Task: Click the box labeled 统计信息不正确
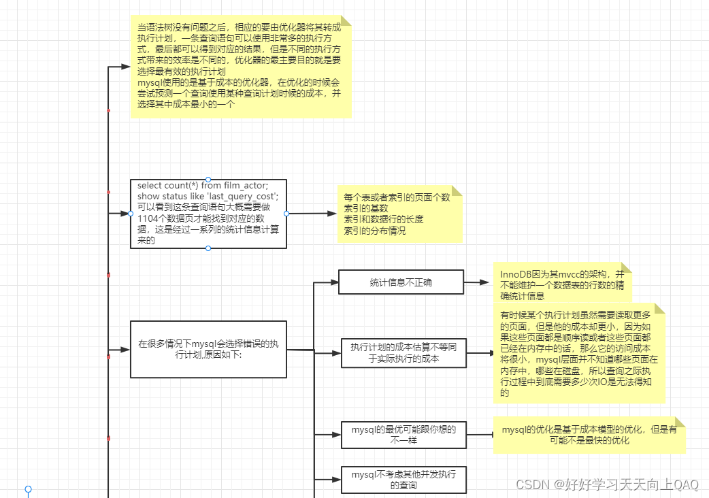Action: coord(401,282)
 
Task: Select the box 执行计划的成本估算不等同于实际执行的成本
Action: coord(403,352)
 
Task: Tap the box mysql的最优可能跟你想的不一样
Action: coord(403,435)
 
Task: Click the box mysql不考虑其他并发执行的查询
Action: coord(403,480)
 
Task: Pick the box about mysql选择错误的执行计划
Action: coord(208,349)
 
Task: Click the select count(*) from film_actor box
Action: coord(208,214)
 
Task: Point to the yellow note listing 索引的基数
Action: coord(399,214)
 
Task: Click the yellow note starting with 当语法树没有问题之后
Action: coord(241,67)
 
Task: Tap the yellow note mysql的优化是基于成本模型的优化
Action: coord(589,435)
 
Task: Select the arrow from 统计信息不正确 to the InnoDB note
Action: coord(482,282)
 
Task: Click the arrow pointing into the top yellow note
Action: coord(119,67)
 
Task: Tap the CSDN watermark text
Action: coord(607,484)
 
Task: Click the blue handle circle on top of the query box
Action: coord(208,179)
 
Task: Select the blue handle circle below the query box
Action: coord(208,248)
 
